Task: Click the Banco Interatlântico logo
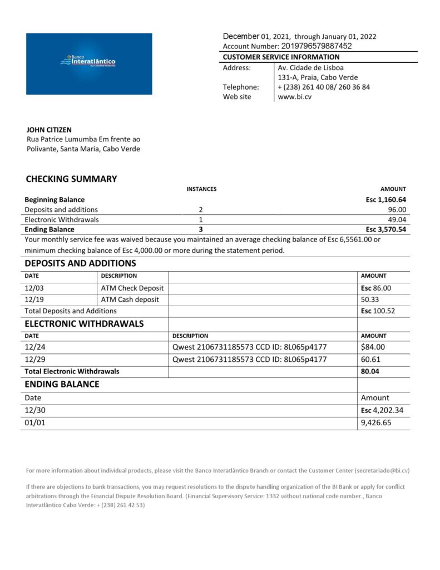88,63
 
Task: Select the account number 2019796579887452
317,46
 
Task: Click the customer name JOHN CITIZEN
49,130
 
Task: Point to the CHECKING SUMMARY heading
71,179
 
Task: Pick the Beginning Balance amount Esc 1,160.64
386,199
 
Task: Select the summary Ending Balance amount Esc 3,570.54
386,229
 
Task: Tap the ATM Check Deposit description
132,288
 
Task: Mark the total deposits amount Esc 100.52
378,311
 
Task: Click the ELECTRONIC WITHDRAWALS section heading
84,323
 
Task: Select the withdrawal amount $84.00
373,347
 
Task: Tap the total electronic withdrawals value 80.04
370,371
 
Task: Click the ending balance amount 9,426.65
376,423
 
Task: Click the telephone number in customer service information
324,87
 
